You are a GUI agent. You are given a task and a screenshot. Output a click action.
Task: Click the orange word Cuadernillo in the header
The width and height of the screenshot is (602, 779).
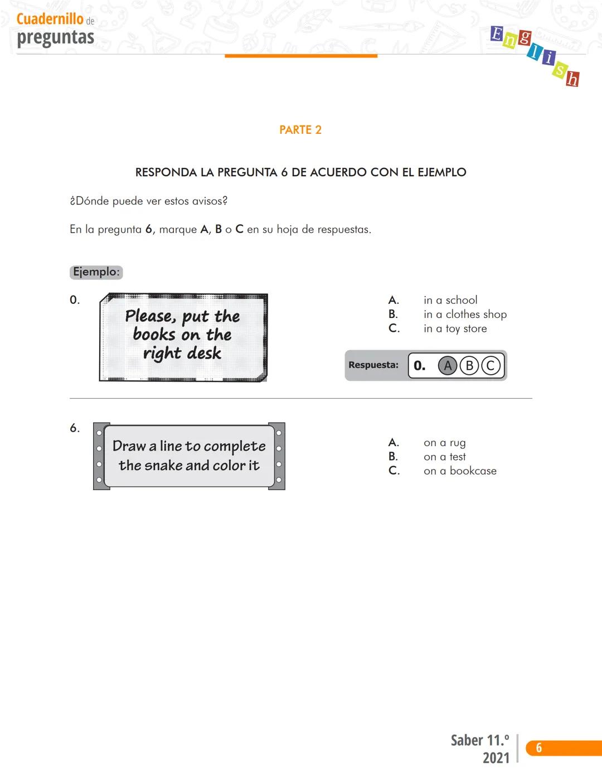tap(50, 19)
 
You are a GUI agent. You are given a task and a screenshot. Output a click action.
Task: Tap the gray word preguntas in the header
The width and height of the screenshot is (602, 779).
tap(55, 37)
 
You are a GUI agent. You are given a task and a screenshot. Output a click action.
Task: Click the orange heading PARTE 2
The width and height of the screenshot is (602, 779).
tap(300, 130)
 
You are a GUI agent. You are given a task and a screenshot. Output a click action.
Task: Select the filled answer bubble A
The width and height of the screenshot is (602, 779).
tap(447, 366)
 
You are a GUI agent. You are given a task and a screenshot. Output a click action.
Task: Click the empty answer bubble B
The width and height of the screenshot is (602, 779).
tap(469, 366)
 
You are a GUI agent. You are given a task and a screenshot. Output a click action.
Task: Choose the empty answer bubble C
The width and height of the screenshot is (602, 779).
tap(491, 366)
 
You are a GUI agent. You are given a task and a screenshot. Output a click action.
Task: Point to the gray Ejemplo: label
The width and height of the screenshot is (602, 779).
tap(96, 272)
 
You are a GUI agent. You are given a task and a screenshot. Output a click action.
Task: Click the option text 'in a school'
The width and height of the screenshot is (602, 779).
tap(450, 300)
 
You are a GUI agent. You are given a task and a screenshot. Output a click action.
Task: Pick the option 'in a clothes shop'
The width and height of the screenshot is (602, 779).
tap(465, 314)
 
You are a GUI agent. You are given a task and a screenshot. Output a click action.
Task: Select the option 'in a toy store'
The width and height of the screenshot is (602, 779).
tap(455, 329)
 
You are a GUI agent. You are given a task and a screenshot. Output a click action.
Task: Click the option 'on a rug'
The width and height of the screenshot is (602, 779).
tap(444, 443)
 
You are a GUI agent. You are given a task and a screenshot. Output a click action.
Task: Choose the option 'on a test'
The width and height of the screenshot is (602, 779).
tap(444, 457)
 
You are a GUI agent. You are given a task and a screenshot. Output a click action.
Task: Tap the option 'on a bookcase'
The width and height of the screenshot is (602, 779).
tap(460, 471)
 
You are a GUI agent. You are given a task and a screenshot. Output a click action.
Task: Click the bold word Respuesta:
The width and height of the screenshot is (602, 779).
tap(373, 365)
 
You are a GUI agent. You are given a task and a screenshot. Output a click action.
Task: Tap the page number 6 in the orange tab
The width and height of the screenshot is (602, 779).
tap(538, 748)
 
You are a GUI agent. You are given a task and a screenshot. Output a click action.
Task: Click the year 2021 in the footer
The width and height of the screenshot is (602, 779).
tap(496, 758)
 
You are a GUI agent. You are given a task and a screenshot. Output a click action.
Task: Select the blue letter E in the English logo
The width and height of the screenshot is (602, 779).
tap(496, 34)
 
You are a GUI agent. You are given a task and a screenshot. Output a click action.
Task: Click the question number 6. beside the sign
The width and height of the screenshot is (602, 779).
tap(75, 428)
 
